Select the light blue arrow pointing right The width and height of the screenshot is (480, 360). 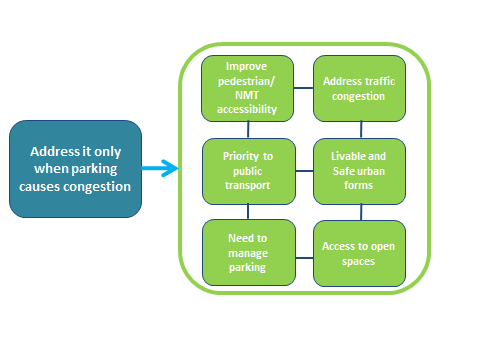[x=159, y=168]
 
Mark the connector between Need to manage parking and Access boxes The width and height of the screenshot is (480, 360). [x=305, y=258]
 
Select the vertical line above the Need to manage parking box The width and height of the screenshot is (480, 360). [x=249, y=212]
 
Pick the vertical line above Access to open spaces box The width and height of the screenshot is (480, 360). [x=360, y=212]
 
